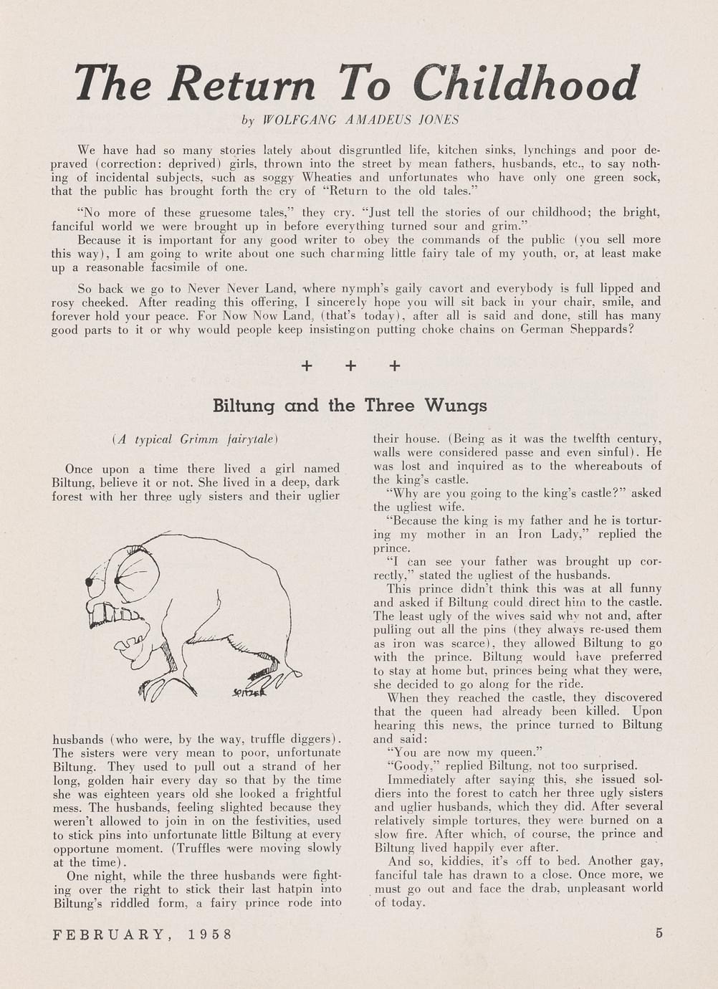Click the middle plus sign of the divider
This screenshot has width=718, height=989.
350,366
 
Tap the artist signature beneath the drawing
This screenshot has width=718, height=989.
250,692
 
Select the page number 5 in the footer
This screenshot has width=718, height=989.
659,933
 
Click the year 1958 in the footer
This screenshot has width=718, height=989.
211,935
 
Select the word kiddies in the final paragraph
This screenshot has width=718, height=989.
461,861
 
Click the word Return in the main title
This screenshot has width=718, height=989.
241,84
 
